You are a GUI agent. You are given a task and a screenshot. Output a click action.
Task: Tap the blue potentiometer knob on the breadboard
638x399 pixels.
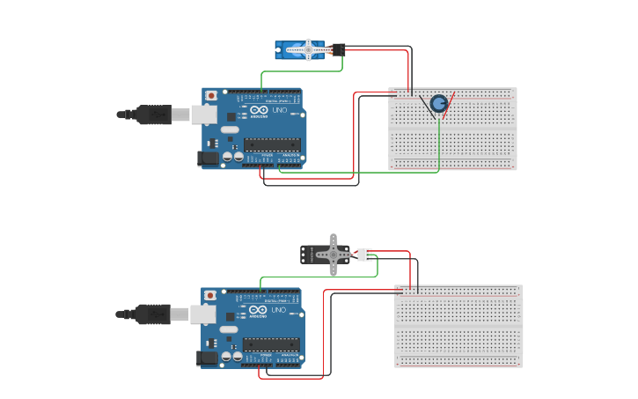(439, 103)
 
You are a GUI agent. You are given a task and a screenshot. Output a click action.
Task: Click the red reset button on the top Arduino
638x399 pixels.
(211, 95)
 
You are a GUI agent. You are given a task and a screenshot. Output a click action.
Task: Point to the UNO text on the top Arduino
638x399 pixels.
(278, 110)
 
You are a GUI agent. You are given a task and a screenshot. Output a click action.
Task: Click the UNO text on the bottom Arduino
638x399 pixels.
(278, 310)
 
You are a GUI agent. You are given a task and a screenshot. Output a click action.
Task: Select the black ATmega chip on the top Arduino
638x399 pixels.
(271, 144)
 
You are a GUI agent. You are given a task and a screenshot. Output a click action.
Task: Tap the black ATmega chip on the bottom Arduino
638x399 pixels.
(271, 344)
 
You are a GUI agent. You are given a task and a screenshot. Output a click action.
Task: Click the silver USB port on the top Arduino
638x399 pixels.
(204, 114)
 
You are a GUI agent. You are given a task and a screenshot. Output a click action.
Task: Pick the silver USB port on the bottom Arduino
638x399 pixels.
(204, 314)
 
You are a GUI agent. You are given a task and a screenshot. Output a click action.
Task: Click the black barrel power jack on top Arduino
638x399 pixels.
(207, 158)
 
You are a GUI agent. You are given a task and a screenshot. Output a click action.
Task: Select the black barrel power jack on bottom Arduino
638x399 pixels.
(207, 358)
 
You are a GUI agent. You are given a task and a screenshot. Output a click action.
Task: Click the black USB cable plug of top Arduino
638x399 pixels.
(154, 114)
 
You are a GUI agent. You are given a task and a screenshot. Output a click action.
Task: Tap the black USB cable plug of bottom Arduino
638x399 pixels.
(154, 314)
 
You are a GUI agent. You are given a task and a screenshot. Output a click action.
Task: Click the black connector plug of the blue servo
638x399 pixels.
(338, 49)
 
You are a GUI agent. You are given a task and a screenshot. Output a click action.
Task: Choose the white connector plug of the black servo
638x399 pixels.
(363, 255)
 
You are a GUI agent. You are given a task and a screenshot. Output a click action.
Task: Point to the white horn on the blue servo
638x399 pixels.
(309, 50)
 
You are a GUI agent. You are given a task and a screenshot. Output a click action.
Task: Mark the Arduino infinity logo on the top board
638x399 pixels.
(258, 110)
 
